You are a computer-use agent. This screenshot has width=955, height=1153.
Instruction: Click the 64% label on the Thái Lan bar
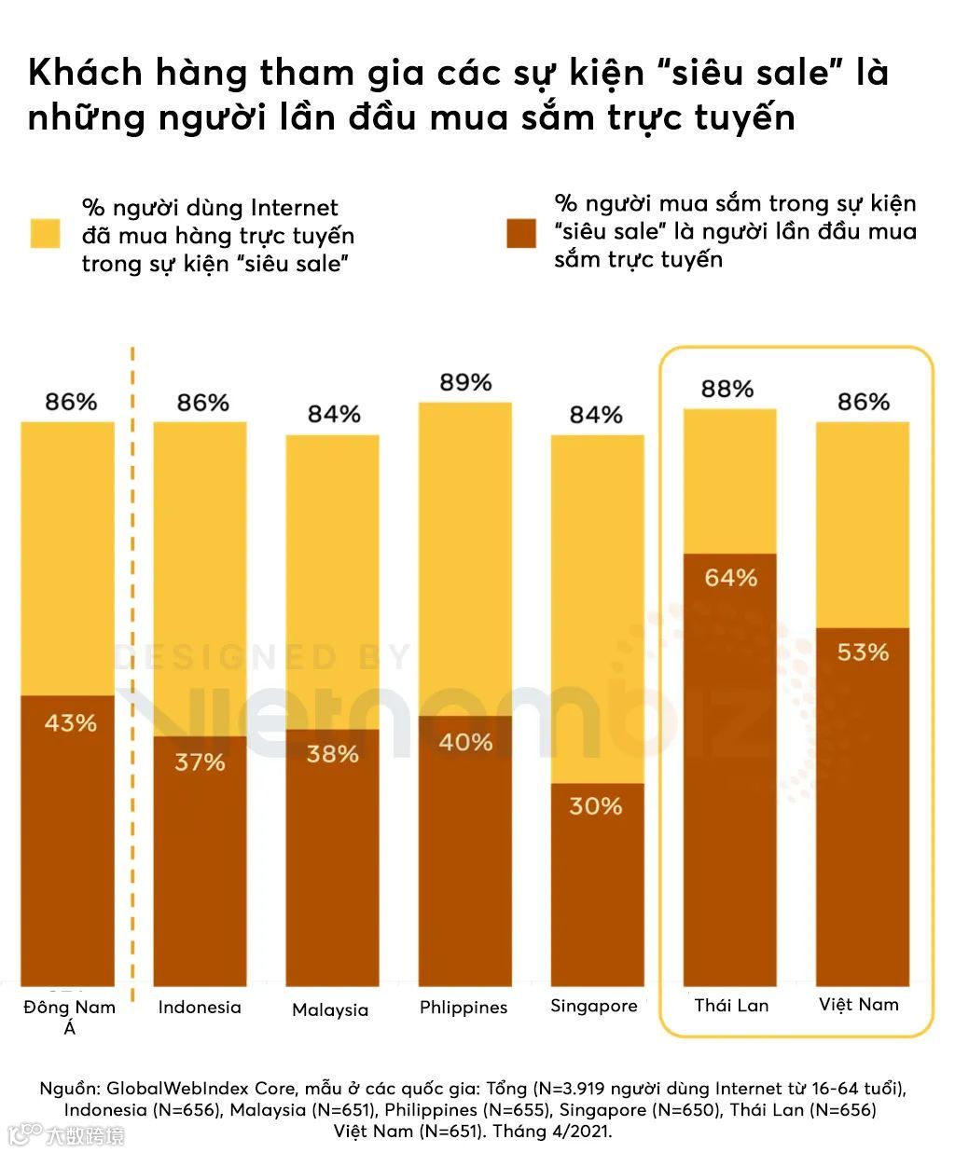click(x=730, y=578)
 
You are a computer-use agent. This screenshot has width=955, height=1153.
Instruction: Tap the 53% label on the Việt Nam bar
click(x=863, y=652)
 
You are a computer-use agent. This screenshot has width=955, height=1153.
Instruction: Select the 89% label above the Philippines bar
click(x=465, y=383)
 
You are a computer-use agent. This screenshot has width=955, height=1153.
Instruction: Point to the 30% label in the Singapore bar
click(x=596, y=805)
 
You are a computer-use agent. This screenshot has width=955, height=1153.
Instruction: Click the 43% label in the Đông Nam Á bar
click(x=70, y=722)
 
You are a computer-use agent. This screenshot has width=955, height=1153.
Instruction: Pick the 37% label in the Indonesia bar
click(x=200, y=762)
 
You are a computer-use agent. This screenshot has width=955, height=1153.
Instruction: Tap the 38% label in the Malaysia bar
click(x=332, y=753)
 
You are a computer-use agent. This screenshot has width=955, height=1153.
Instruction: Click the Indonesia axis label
click(x=200, y=1007)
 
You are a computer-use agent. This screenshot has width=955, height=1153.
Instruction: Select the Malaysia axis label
click(x=330, y=1009)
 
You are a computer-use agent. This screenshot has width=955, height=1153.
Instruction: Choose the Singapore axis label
click(x=594, y=1006)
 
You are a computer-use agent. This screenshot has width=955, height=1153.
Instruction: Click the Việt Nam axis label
click(x=859, y=1004)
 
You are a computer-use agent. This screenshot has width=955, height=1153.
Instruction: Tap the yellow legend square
click(x=45, y=233)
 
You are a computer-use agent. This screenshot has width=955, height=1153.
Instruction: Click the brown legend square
click(x=521, y=233)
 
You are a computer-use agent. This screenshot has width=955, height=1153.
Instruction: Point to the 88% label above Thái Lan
click(x=727, y=389)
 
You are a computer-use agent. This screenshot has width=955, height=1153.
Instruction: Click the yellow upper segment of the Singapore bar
click(x=597, y=606)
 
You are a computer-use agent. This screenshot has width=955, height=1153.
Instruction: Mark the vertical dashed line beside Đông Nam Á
click(x=132, y=671)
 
